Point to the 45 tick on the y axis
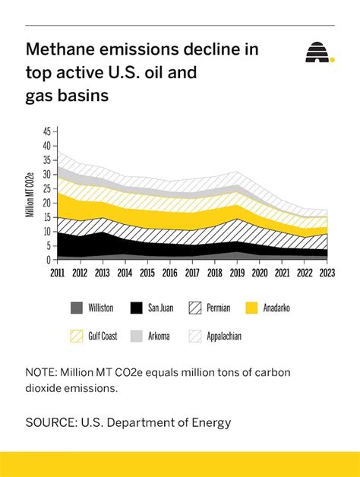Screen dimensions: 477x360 click(46, 131)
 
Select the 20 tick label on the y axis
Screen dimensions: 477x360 click(46, 203)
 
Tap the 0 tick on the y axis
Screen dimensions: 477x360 click(49, 260)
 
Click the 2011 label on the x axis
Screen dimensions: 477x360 click(58, 272)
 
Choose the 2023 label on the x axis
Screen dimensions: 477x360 click(328, 272)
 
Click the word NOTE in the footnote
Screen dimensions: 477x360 click(43, 372)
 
